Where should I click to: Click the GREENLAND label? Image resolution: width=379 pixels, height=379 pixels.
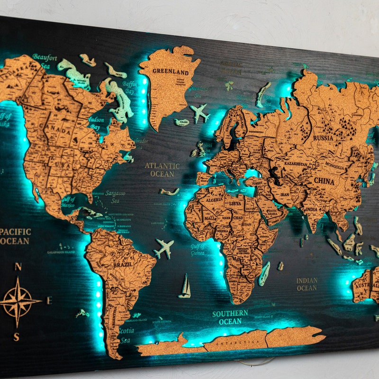click(171, 72)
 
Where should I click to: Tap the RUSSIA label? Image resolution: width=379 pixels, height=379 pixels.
click(323, 138)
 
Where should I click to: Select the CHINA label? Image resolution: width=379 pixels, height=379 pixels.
click(324, 181)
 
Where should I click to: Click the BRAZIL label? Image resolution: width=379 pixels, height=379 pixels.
click(123, 265)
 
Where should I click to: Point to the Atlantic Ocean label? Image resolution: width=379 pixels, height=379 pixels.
click(162, 170)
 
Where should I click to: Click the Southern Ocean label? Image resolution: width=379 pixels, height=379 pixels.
click(230, 317)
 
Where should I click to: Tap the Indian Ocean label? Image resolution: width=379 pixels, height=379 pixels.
click(307, 284)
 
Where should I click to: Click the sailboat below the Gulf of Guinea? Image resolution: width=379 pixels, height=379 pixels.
click(185, 287)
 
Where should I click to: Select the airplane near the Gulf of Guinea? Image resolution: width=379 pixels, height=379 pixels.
click(164, 248)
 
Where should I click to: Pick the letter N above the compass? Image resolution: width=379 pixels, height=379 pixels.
click(18, 267)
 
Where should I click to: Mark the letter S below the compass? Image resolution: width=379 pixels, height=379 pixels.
click(17, 337)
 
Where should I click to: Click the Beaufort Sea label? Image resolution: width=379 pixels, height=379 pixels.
click(45, 61)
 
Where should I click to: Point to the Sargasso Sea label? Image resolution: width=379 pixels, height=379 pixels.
click(115, 197)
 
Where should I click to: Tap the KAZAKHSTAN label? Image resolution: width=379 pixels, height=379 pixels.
click(296, 164)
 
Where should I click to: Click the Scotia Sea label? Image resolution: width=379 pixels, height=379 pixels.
click(126, 335)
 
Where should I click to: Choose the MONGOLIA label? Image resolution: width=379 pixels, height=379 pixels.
click(334, 167)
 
